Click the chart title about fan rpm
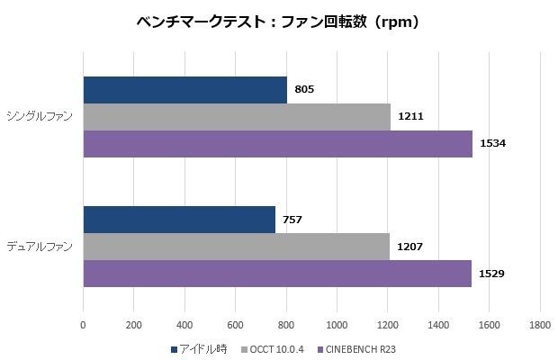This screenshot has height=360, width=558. [x=278, y=22]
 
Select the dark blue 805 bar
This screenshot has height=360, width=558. [x=184, y=90]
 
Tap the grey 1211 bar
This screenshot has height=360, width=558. [x=237, y=117]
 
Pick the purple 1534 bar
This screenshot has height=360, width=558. [x=277, y=144]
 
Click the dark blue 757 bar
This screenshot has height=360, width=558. [x=179, y=220]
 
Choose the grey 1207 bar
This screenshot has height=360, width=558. [x=236, y=247]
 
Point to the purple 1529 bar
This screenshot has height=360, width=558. [x=277, y=274]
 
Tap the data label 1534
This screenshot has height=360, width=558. [x=493, y=144]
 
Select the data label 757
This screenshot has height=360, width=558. [x=292, y=220]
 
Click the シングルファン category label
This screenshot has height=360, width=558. [x=42, y=117]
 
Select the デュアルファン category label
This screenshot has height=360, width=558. [x=42, y=247]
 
